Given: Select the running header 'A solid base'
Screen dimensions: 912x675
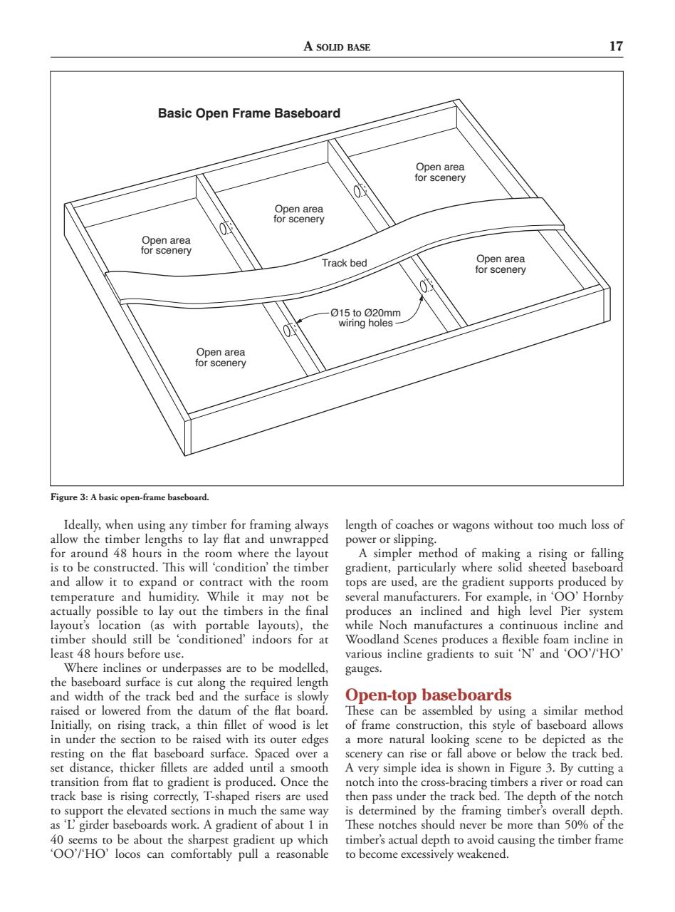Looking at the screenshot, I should click(x=337, y=47).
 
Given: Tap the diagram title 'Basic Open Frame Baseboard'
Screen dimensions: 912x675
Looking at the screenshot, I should click(x=249, y=113).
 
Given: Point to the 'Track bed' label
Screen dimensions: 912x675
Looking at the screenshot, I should click(x=344, y=263).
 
